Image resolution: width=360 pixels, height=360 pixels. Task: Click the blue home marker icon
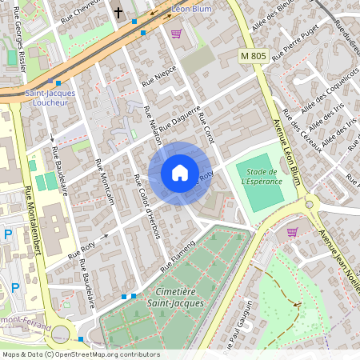(x=180, y=173)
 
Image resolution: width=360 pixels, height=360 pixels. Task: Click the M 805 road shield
(x=253, y=56)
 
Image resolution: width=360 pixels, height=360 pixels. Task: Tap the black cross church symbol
(x=119, y=13)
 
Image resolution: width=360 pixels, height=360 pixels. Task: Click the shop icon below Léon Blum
(x=176, y=34)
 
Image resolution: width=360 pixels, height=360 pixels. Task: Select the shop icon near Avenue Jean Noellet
(x=292, y=232)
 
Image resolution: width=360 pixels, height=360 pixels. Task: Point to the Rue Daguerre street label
(x=179, y=120)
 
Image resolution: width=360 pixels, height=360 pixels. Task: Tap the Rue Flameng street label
(x=177, y=254)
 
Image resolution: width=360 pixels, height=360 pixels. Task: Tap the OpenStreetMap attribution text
(x=80, y=354)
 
